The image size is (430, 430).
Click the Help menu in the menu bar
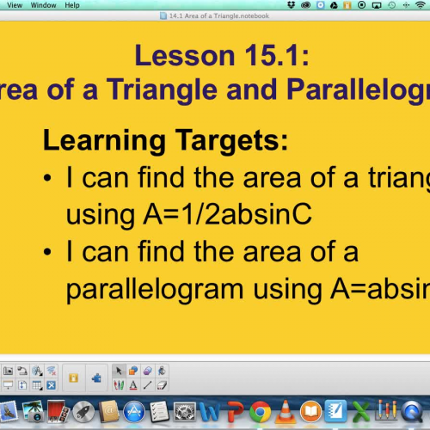coord(71,5)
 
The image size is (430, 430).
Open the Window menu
coord(41,5)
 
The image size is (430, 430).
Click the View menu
coord(15,5)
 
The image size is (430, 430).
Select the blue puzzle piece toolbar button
coord(96,377)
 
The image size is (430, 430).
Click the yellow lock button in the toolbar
coord(74,377)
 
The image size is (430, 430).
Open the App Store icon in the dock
coord(134,413)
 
